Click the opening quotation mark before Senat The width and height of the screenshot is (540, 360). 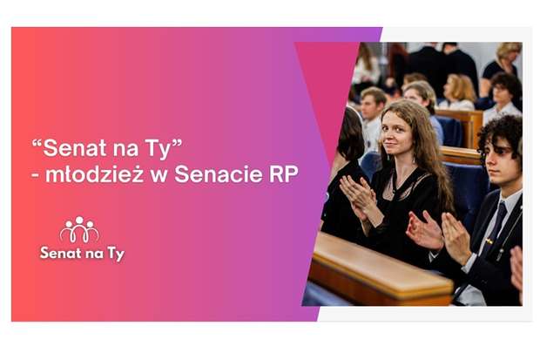click(37, 142)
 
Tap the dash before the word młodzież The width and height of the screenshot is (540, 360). click(35, 175)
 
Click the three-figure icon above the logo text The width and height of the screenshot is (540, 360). click(79, 229)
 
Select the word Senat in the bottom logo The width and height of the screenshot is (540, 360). click(61, 253)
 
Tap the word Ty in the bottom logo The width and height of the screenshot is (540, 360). click(116, 255)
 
